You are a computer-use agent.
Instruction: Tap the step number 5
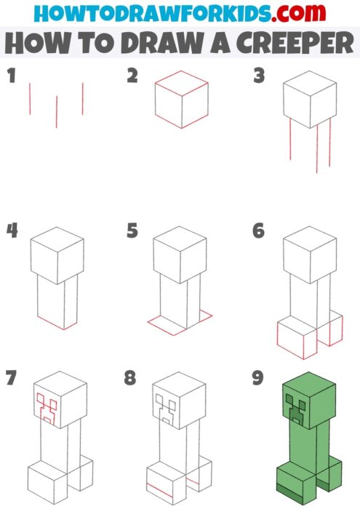(132, 231)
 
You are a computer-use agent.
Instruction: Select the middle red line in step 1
(56, 111)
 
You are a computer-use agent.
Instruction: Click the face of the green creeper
(296, 409)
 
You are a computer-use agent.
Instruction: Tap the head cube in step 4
(57, 254)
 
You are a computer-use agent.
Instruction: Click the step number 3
(257, 76)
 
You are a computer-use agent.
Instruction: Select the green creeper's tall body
(299, 454)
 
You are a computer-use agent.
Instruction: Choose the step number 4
(12, 231)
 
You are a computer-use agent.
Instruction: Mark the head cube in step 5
(180, 254)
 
